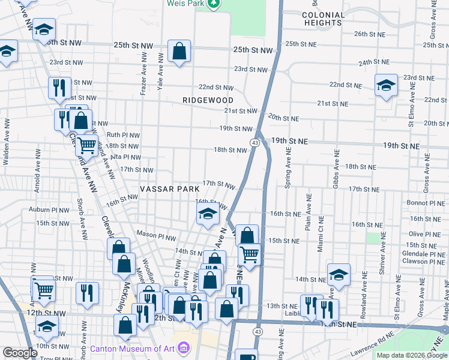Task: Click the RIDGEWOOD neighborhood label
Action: pos(208,100)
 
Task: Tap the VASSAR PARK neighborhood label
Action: pos(169,189)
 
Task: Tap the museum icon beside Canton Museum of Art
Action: pos(184,348)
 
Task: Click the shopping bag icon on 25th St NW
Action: pos(179,52)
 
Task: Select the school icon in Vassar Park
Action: pos(207,214)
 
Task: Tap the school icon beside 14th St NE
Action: pos(339,275)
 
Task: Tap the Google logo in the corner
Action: pos(20,353)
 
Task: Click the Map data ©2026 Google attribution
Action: pos(412,355)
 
